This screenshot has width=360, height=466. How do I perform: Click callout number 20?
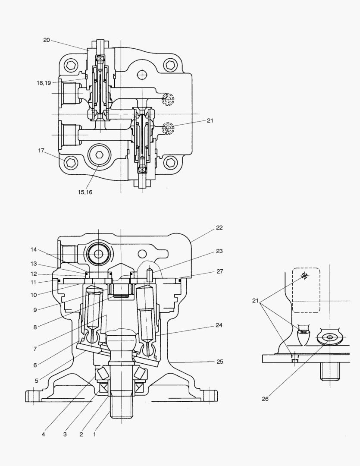click(x=47, y=40)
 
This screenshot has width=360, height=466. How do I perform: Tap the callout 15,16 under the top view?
click(x=85, y=192)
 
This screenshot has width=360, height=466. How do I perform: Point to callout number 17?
click(x=41, y=151)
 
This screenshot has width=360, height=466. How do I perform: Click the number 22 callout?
click(x=219, y=227)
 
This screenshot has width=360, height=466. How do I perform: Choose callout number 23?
click(x=219, y=251)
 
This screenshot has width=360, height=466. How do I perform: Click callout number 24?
click(x=219, y=326)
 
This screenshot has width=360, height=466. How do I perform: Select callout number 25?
click(x=219, y=361)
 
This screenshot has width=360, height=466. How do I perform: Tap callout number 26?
click(x=266, y=399)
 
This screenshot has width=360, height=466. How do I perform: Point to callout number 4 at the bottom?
click(x=43, y=434)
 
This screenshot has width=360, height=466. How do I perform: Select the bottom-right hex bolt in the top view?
click(x=170, y=163)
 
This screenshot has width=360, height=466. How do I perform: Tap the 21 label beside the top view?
click(x=210, y=121)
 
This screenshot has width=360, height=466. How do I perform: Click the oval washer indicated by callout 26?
click(x=329, y=337)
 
